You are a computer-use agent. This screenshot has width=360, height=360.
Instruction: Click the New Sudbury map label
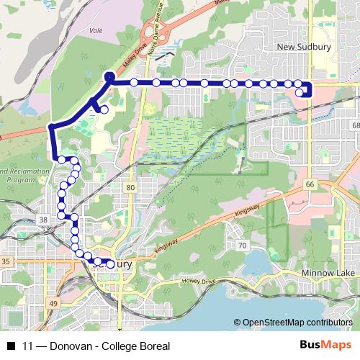tap(302, 47)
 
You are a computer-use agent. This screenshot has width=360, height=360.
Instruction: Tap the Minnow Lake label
tap(323, 274)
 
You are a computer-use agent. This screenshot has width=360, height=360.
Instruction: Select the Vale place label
tap(94, 31)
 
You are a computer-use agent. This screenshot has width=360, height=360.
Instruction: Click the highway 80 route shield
tap(130, 188)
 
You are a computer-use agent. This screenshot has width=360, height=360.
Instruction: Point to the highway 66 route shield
tap(310, 185)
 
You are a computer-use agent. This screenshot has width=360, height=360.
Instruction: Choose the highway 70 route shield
tap(243, 246)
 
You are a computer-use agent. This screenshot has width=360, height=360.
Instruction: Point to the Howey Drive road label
tap(199, 281)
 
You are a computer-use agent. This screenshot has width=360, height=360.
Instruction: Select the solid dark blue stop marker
tap(109, 76)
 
